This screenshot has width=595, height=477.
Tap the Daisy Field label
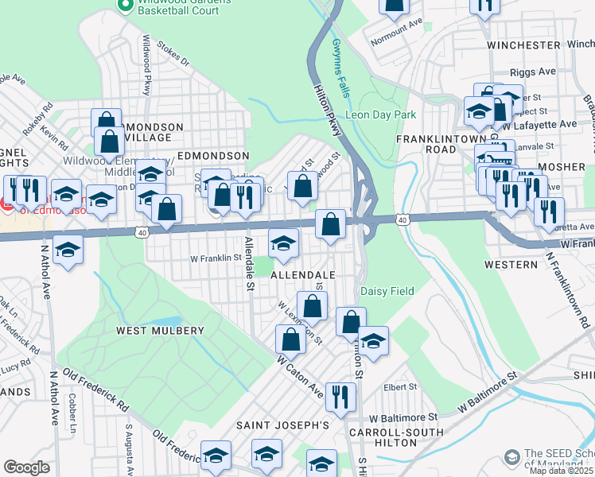click(387, 291)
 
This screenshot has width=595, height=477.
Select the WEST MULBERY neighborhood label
click(161, 330)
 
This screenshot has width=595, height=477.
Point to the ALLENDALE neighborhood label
click(301, 274)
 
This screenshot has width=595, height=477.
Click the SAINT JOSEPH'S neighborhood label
click(282, 426)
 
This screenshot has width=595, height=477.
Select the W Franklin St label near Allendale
click(215, 258)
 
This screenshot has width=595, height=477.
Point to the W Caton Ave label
click(300, 372)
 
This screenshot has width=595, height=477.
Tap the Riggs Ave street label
click(534, 72)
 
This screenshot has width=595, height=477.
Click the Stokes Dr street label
click(174, 54)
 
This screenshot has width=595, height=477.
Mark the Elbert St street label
click(401, 387)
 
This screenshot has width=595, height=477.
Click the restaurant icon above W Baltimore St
click(341, 395)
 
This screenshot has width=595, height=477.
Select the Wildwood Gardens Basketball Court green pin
click(124, 6)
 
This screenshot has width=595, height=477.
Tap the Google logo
click(26, 467)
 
